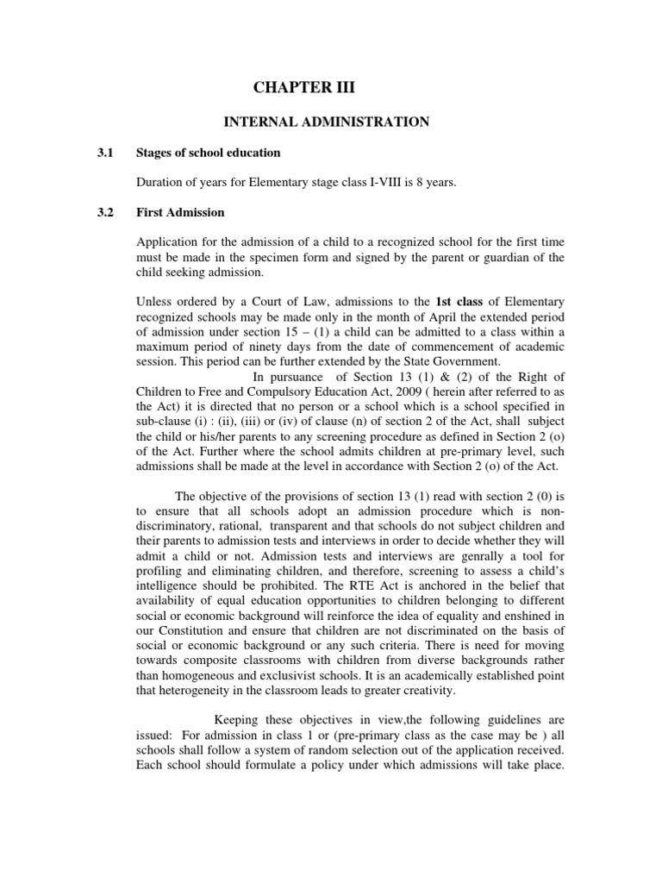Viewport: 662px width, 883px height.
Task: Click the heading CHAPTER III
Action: click(303, 87)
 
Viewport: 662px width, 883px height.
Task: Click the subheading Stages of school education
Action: click(209, 153)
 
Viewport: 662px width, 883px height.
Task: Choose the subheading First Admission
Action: click(180, 212)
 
